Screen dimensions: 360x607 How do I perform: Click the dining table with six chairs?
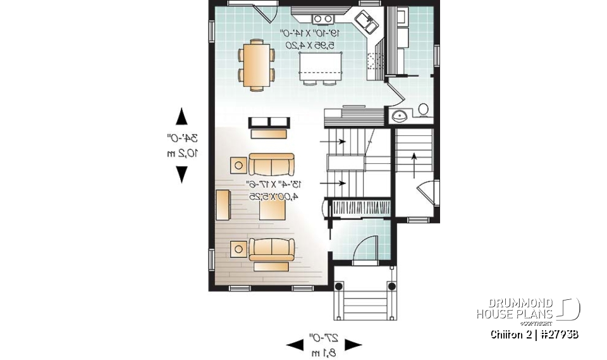click(x=256, y=65)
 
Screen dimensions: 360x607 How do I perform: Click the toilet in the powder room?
click(x=422, y=110)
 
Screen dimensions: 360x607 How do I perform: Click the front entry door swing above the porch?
click(x=365, y=248)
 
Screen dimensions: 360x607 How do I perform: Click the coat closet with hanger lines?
click(x=359, y=208)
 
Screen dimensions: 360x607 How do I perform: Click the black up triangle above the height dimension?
click(x=182, y=116)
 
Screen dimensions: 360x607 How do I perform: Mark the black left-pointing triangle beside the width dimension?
click(x=295, y=345)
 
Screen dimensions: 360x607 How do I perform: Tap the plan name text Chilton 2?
click(x=511, y=334)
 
